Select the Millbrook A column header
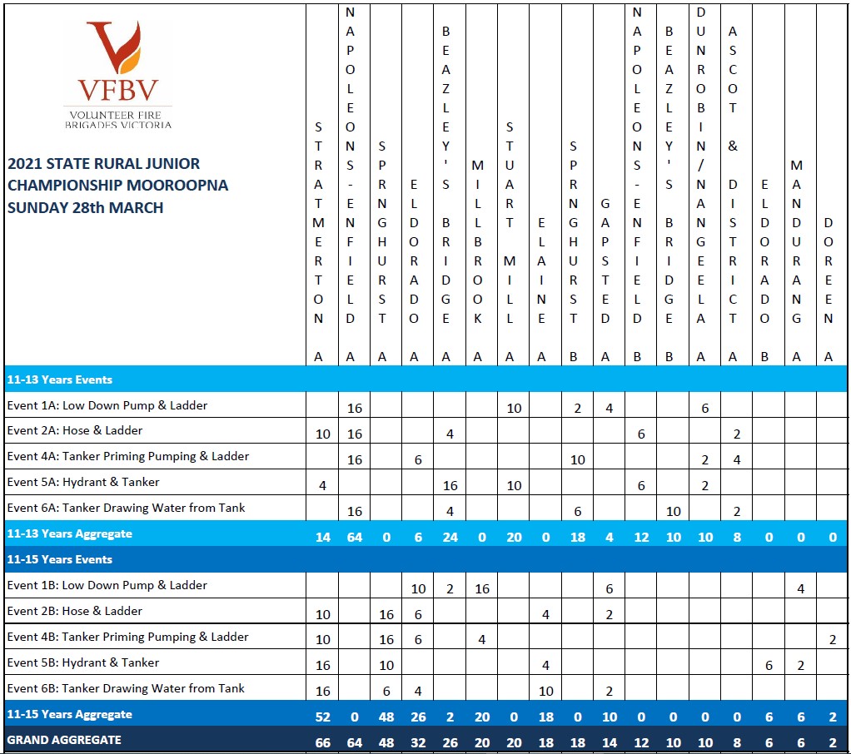click(478, 241)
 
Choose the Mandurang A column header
click(797, 241)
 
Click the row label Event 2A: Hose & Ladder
click(75, 430)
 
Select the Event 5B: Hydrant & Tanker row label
click(83, 662)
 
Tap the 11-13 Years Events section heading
click(59, 379)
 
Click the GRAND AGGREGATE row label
click(64, 739)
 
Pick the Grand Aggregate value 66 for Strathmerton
click(322, 740)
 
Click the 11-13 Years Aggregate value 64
click(355, 537)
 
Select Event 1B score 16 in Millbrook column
click(482, 588)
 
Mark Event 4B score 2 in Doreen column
click(833, 640)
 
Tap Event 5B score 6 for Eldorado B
click(769, 666)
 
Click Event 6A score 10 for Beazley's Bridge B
click(673, 511)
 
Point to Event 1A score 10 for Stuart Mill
click(514, 408)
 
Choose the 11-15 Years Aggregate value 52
click(322, 717)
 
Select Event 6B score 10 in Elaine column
click(545, 692)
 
